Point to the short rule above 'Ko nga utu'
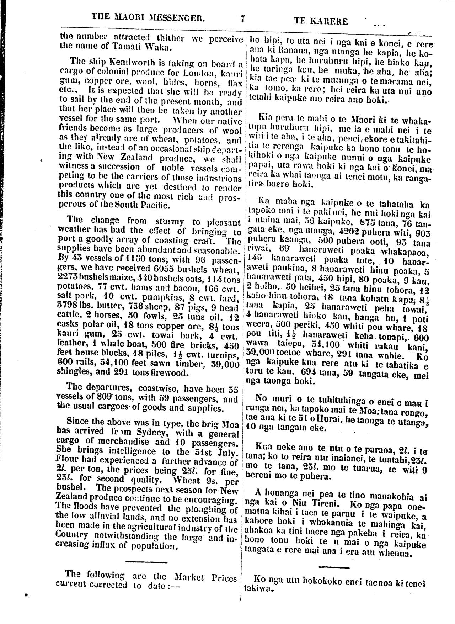coord(334,567)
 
